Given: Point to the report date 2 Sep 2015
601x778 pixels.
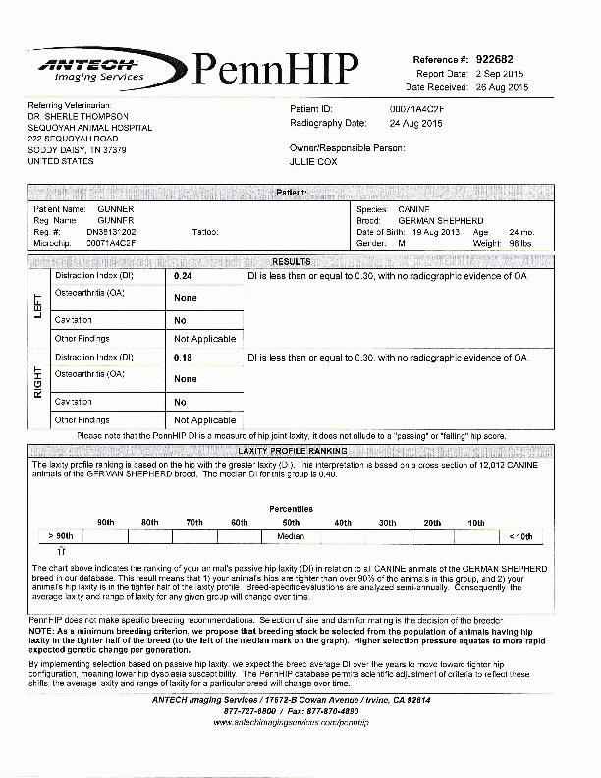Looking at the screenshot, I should point(502,74).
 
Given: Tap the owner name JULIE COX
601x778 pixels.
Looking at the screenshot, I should point(313,162).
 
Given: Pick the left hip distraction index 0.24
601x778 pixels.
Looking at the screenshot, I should point(183,278).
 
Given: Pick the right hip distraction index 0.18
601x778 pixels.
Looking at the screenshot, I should point(183,358).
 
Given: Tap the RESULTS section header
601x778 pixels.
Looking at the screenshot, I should point(291,262).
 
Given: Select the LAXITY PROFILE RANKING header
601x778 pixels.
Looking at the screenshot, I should point(291,451).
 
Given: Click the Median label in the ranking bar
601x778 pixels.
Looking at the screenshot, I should point(291,537).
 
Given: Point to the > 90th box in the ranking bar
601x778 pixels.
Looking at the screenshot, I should point(60,537).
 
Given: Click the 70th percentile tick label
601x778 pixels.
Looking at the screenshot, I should point(194,522).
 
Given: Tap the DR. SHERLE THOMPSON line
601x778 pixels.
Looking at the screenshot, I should point(79,116).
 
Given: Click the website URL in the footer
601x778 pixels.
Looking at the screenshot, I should point(291,722).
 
